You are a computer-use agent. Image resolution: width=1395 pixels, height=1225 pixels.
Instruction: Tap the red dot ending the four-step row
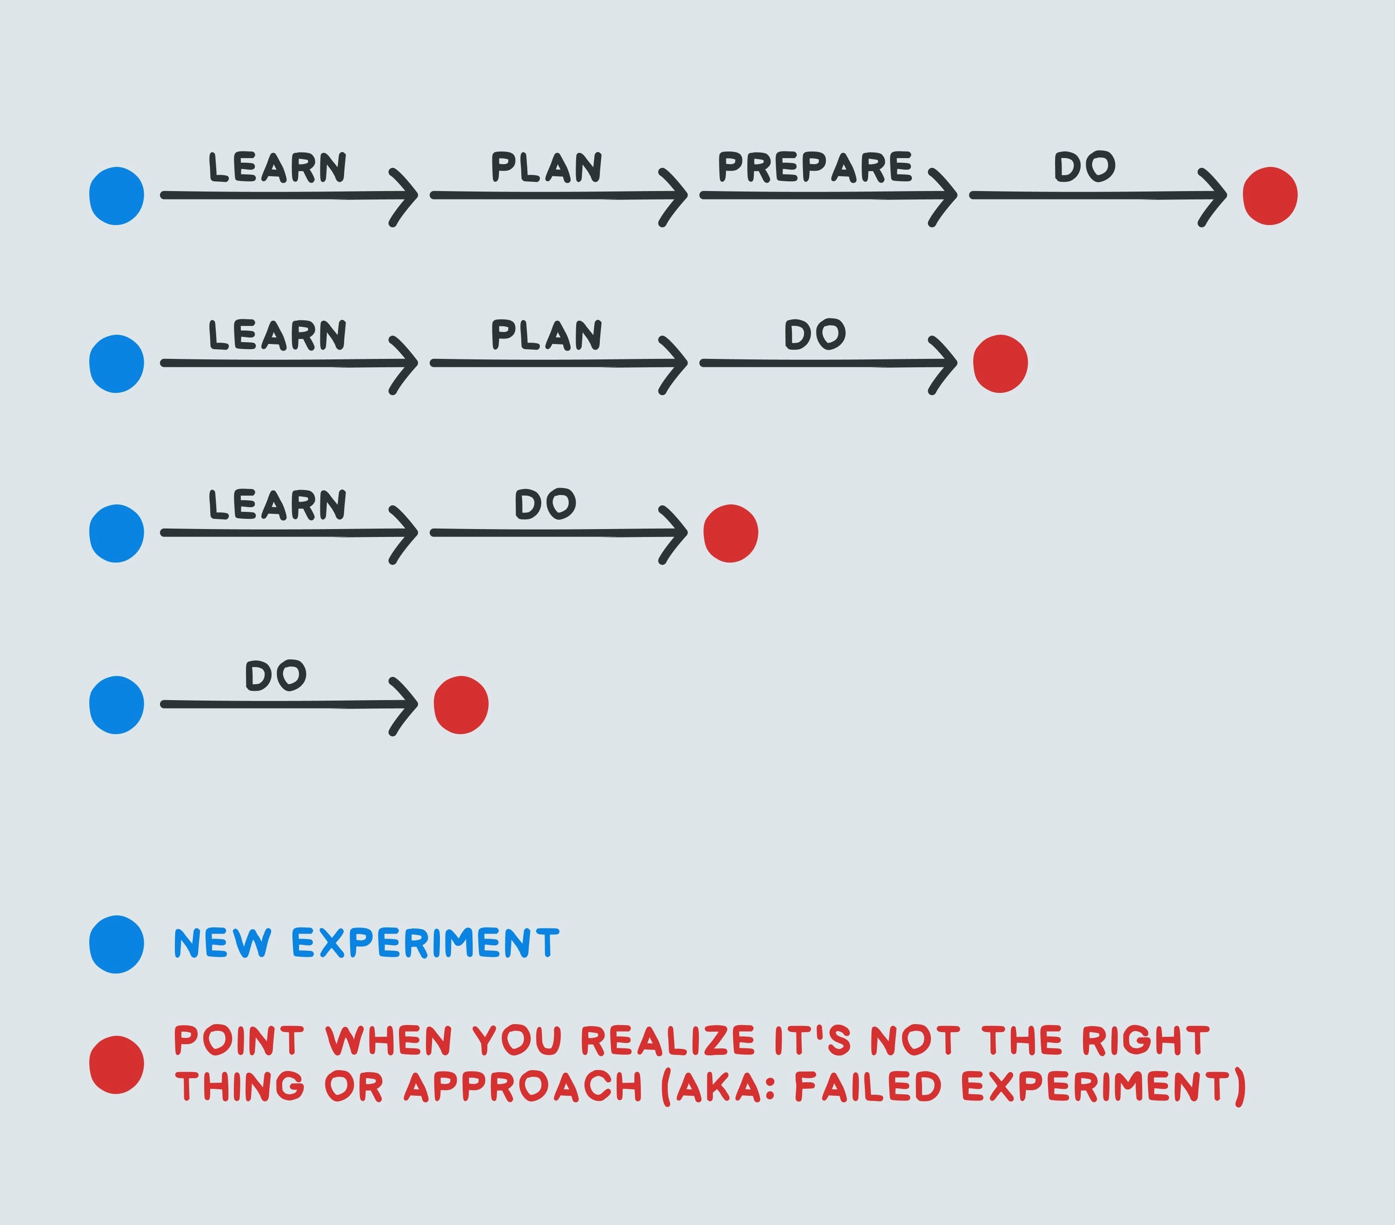point(1269,196)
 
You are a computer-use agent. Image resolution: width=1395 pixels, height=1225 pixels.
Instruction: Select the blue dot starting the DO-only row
point(117,705)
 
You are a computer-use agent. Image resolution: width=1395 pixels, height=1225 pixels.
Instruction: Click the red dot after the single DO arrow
point(461,705)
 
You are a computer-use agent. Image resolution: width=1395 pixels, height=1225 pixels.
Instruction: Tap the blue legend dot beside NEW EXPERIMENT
point(117,945)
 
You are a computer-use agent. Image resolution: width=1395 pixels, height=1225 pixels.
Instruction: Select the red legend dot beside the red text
point(117,1065)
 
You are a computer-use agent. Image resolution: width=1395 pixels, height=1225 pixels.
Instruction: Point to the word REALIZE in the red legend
point(668,1041)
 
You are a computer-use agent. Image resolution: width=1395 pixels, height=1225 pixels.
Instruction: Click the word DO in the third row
point(545,504)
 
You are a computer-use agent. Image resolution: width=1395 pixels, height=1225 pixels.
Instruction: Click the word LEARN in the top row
point(277,168)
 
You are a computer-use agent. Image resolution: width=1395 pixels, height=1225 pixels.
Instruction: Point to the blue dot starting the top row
point(117,196)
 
